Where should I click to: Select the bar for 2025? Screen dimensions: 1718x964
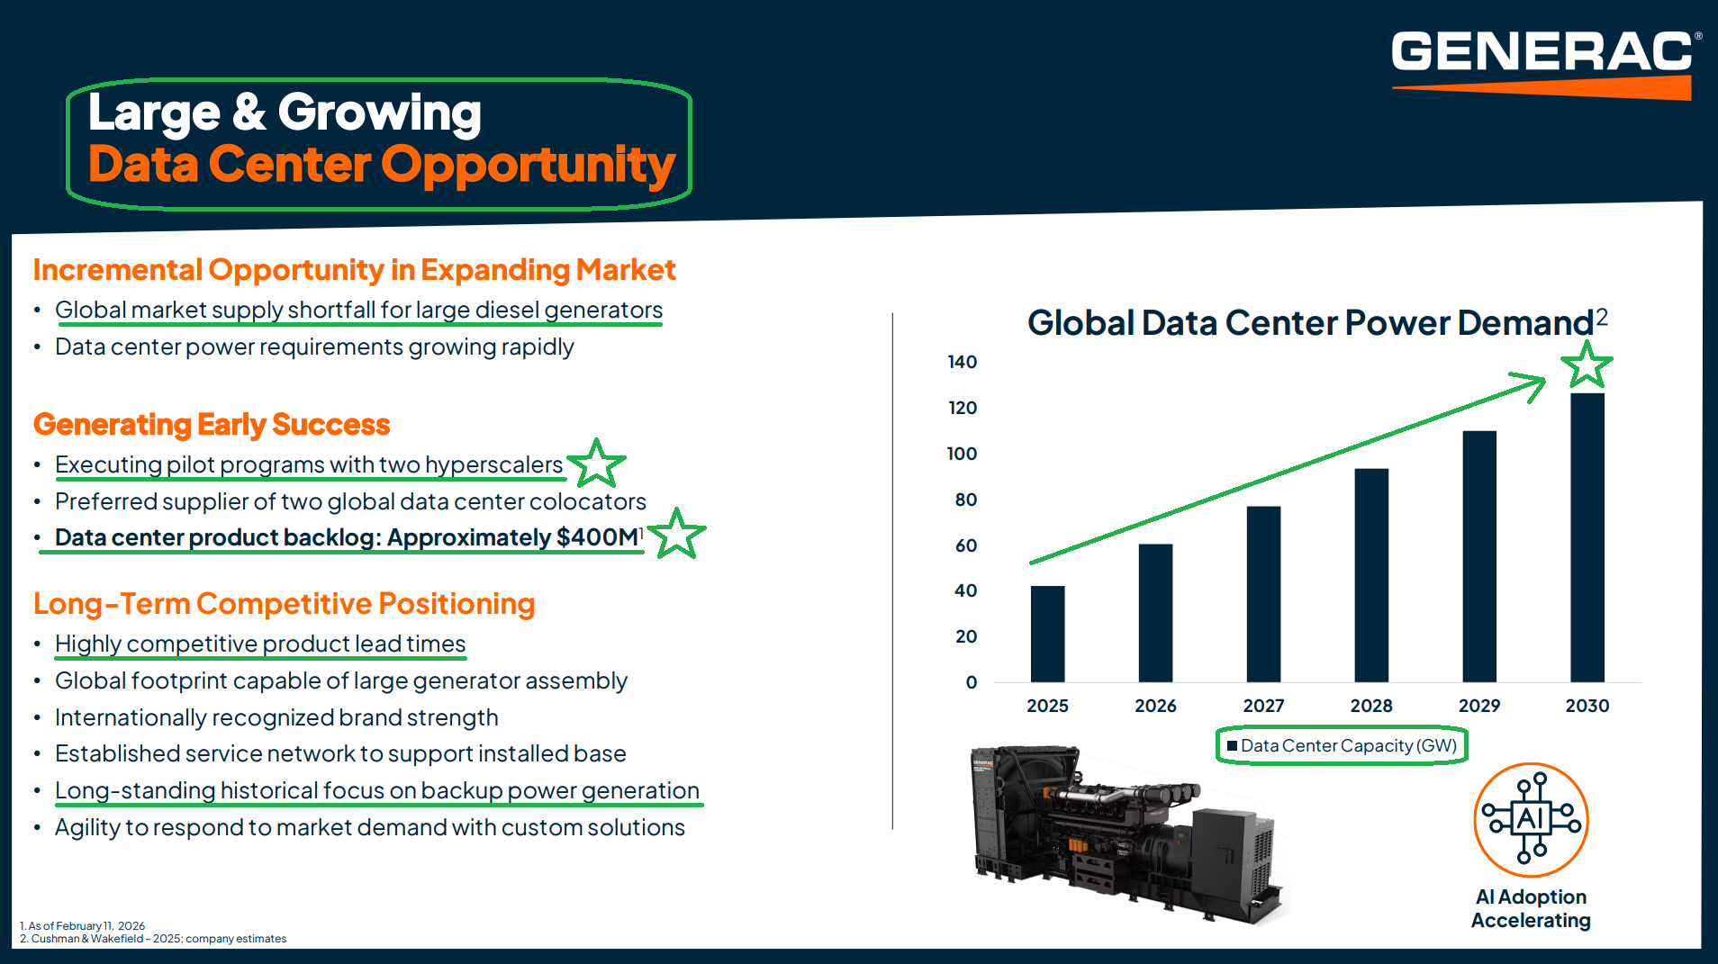(1047, 634)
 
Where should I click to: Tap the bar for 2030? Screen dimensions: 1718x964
(1587, 537)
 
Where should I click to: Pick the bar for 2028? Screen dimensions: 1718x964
(1371, 575)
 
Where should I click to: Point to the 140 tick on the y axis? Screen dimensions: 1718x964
(962, 362)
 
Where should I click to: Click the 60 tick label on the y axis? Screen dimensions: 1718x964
(965, 545)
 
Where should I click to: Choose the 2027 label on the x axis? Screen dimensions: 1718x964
(1263, 706)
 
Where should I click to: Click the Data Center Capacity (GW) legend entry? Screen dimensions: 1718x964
(1342, 745)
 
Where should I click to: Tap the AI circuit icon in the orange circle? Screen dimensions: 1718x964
(1531, 819)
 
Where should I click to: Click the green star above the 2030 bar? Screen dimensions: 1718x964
(1587, 365)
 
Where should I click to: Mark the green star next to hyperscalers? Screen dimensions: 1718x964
(596, 464)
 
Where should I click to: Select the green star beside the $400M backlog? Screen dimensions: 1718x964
(676, 534)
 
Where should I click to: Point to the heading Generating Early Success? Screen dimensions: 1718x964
(212, 424)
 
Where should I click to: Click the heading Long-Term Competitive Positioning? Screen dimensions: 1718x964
(284, 603)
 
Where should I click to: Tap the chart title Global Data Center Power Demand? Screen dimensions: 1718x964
(1311, 322)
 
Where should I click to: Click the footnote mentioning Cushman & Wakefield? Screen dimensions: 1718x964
(153, 939)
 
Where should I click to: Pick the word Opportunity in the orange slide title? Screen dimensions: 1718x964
(528, 165)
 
